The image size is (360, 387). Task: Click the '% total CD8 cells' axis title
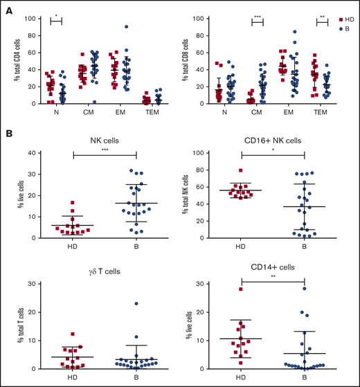click(192, 59)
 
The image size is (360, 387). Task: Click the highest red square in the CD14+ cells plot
click(242, 289)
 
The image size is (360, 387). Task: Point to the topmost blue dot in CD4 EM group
click(127, 27)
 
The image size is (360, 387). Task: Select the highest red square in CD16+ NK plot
click(241, 170)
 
